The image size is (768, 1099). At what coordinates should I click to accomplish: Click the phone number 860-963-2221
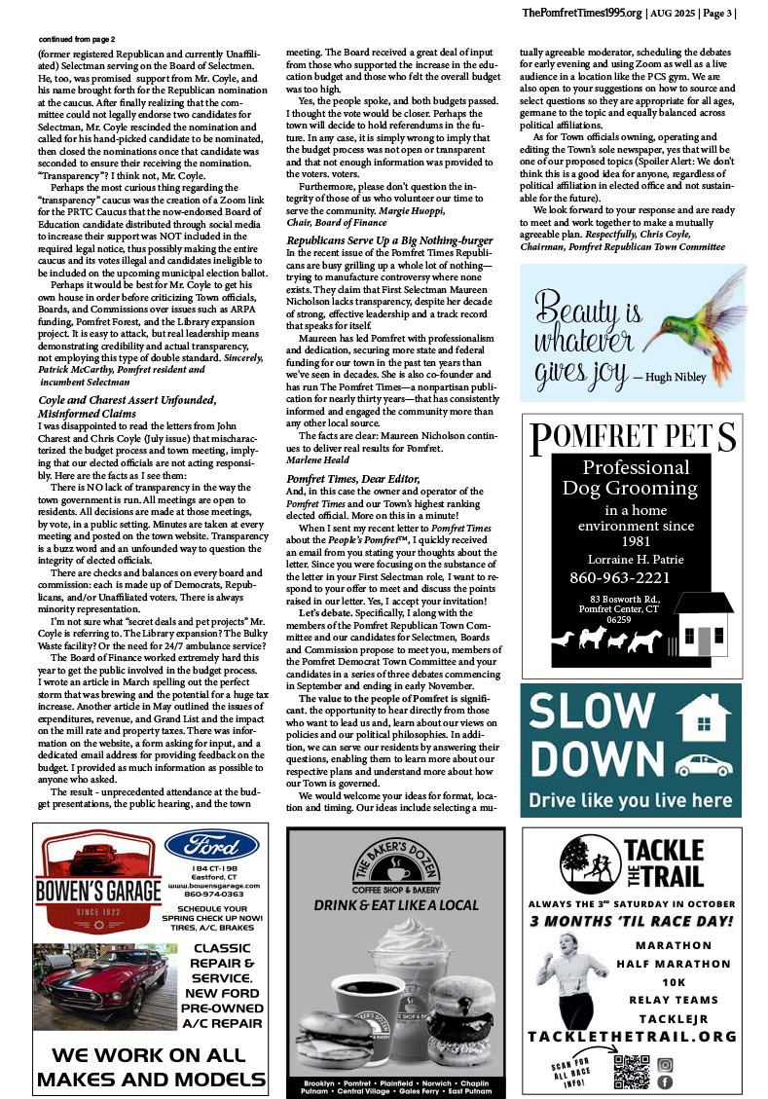pos(634,578)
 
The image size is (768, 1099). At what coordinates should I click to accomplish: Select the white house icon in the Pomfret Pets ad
pos(702,623)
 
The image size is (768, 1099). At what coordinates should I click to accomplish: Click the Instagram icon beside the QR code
pos(666,1065)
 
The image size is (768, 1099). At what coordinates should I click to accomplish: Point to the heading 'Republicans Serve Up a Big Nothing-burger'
pos(387,238)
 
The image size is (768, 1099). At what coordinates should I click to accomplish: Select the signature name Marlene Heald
pos(315,458)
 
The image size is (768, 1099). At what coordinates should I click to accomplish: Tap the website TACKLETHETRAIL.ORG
pos(632,1036)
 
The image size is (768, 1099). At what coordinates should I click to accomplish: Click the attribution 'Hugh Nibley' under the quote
pos(671,375)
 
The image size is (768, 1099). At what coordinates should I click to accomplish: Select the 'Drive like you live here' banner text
pos(631,801)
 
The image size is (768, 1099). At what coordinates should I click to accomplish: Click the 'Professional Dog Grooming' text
pos(635,478)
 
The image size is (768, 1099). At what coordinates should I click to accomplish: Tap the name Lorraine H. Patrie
pos(634,559)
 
